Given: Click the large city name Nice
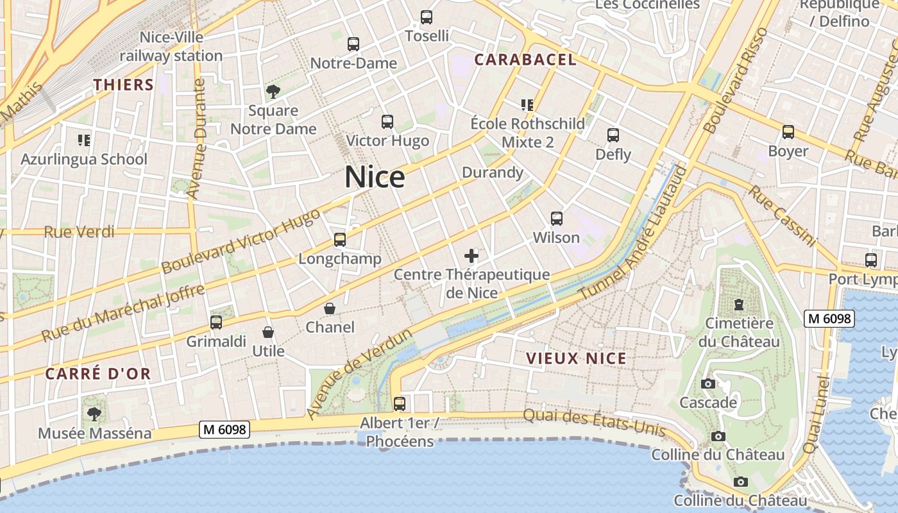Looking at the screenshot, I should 375,177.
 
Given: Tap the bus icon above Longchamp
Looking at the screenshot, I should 340,240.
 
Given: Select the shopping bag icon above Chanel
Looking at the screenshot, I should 330,308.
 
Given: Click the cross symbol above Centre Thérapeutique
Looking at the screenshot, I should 471,256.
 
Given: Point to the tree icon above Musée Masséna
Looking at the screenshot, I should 94,414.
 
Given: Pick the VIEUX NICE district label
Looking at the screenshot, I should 576,358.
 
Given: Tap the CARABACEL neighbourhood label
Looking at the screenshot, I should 525,60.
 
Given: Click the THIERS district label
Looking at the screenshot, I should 124,85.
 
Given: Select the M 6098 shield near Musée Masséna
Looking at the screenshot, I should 224,430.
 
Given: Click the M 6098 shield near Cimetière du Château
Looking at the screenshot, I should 829,318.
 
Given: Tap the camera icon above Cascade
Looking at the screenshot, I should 708,384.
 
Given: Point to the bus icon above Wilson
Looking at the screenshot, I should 557,219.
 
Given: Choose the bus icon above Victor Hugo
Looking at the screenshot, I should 387,122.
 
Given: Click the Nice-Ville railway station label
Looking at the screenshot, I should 171,47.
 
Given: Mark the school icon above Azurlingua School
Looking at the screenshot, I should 83,140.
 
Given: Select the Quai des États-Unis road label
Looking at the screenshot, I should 594,423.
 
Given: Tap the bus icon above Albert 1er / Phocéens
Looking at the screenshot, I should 400,404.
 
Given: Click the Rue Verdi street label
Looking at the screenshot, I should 79,231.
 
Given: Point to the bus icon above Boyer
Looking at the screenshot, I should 788,132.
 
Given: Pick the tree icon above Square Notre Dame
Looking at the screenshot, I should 273,91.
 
